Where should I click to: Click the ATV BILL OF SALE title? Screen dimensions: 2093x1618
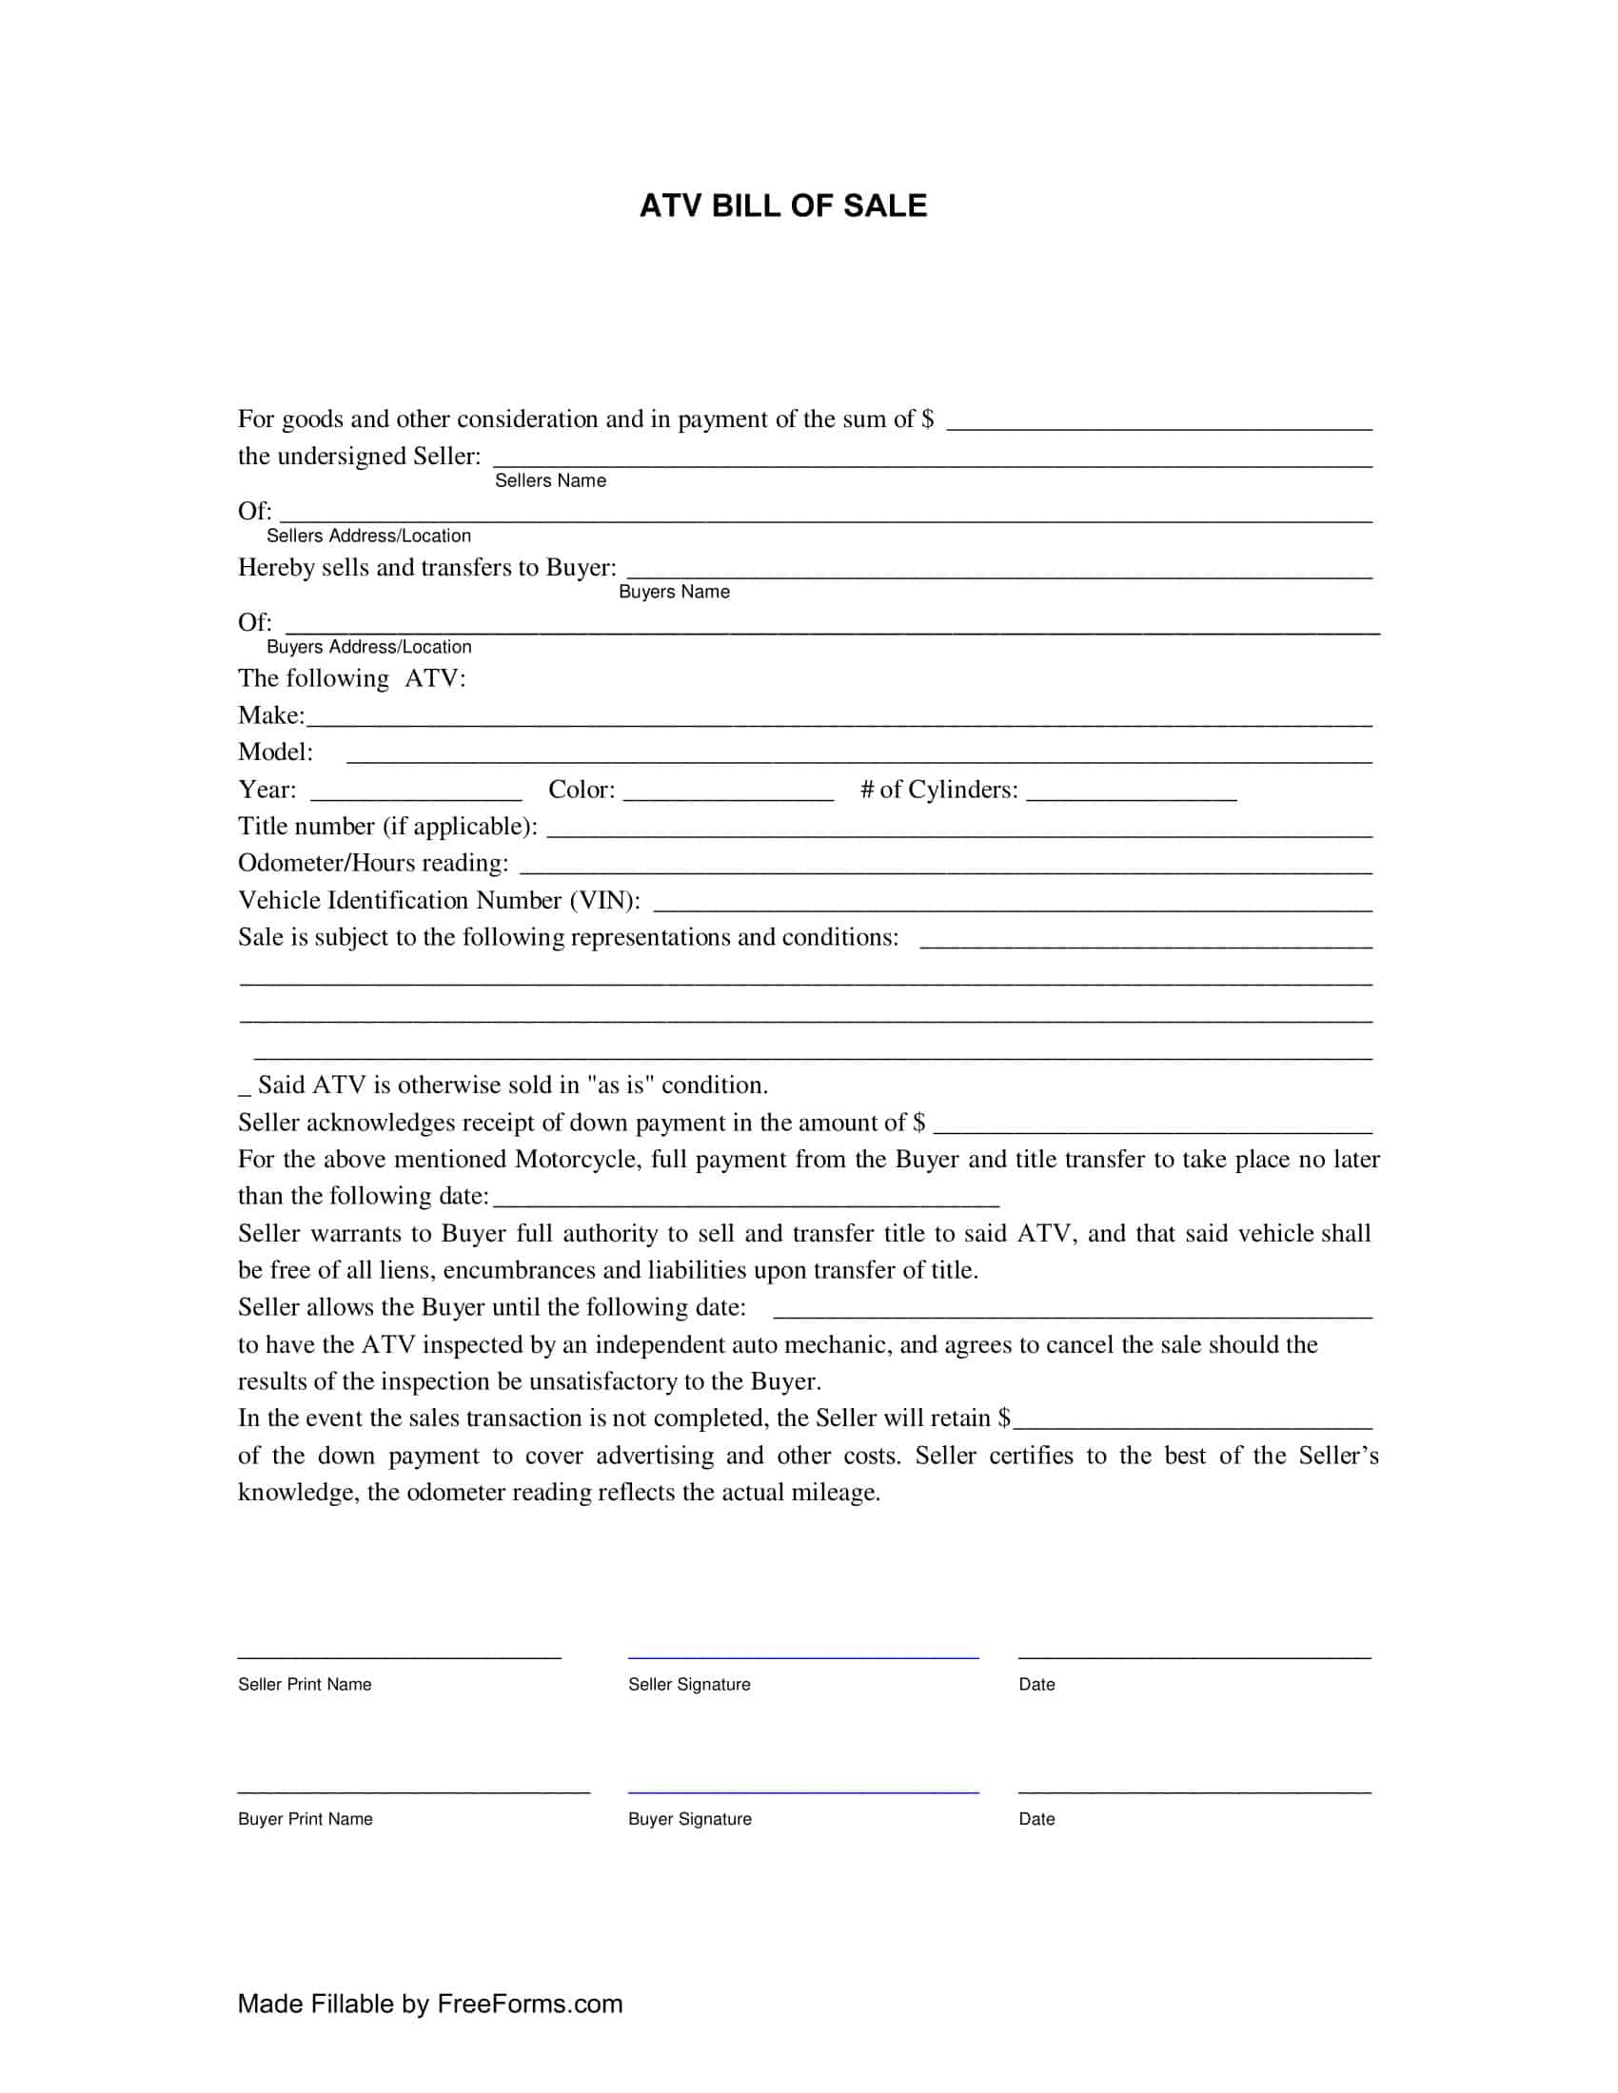[x=783, y=206]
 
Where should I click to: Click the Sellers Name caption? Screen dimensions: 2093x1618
[x=550, y=481]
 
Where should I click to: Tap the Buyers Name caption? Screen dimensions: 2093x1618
[x=674, y=593]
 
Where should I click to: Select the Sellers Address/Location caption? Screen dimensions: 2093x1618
[x=369, y=536]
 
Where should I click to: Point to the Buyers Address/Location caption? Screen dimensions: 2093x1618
[x=369, y=647]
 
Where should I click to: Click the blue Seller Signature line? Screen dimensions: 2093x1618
[x=803, y=1656]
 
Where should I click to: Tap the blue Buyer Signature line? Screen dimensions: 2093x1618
[x=803, y=1790]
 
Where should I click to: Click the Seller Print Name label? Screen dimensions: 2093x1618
[x=305, y=1685]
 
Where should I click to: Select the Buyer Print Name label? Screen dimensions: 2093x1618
[x=305, y=1819]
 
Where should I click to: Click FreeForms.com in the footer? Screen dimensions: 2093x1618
[x=529, y=2004]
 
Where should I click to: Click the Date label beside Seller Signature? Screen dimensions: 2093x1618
[x=1036, y=1685]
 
